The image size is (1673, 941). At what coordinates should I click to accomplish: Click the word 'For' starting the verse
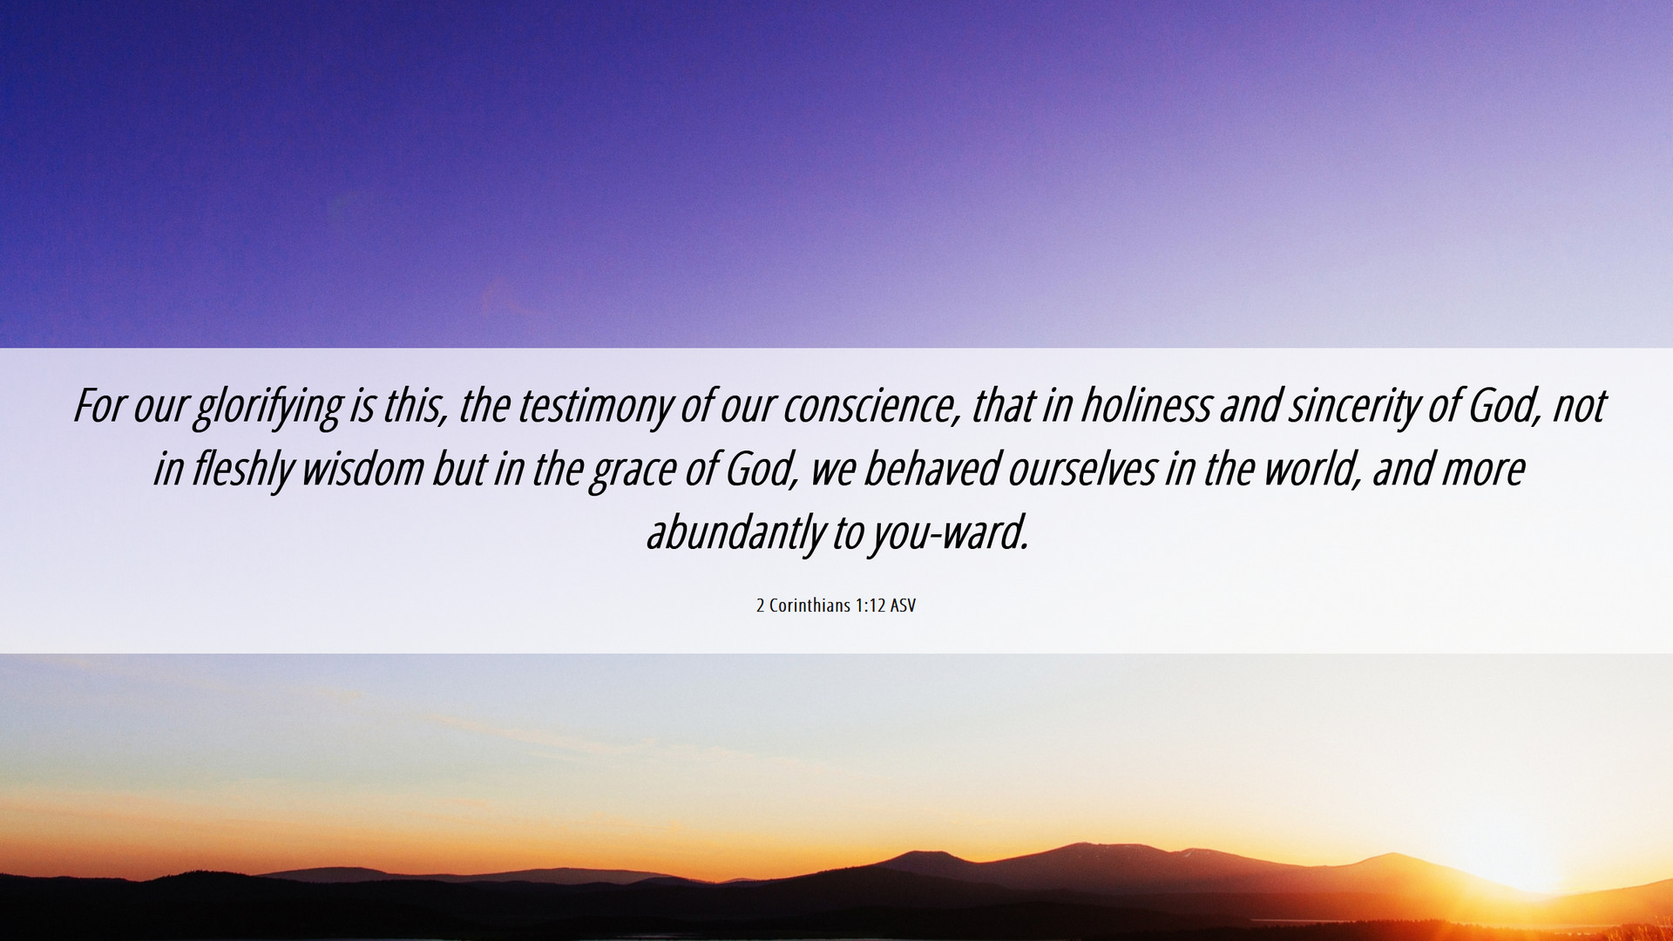99,406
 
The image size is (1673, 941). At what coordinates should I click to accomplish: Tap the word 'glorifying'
268,408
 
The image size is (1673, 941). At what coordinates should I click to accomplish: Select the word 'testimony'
595,408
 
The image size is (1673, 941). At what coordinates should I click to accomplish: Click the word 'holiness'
1146,406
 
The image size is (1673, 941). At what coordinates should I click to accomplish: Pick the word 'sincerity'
1354,408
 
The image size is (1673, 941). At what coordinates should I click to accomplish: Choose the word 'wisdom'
363,470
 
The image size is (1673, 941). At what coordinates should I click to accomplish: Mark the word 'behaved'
931,470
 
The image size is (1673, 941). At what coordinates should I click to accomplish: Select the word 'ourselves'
1081,470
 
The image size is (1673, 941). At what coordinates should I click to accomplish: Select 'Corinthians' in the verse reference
809,606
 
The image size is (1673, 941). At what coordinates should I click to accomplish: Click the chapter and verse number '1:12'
870,606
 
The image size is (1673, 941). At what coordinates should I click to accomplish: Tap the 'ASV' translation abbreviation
903,606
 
